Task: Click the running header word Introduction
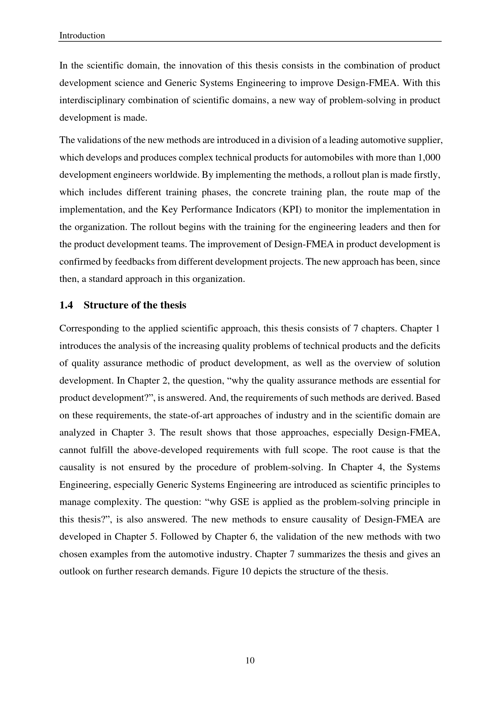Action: pyautogui.click(x=82, y=36)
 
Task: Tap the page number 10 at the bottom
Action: pyautogui.click(x=250, y=660)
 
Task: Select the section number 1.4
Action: pyautogui.click(x=66, y=305)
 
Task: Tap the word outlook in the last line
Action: pyautogui.click(x=73, y=571)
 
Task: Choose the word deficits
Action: pyautogui.click(x=424, y=346)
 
